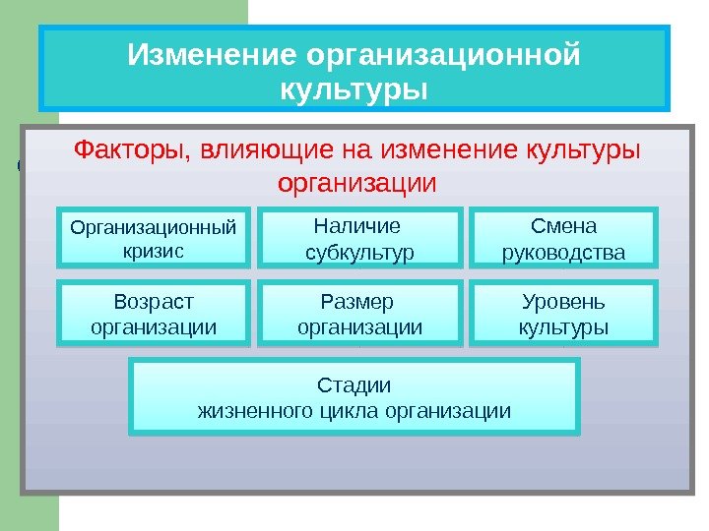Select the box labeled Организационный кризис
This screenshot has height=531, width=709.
tap(154, 238)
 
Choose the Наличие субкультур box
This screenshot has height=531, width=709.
tap(358, 238)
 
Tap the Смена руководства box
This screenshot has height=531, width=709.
tap(563, 238)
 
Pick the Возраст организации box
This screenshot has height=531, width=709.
tap(154, 314)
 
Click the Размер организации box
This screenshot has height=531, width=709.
tap(358, 314)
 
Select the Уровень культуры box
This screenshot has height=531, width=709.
tap(563, 314)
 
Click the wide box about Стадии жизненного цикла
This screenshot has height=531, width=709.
tap(354, 396)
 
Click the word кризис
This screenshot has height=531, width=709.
tap(153, 251)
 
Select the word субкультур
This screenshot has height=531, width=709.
tap(358, 253)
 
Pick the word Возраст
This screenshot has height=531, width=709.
tap(154, 301)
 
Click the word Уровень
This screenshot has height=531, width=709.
tap(563, 301)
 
